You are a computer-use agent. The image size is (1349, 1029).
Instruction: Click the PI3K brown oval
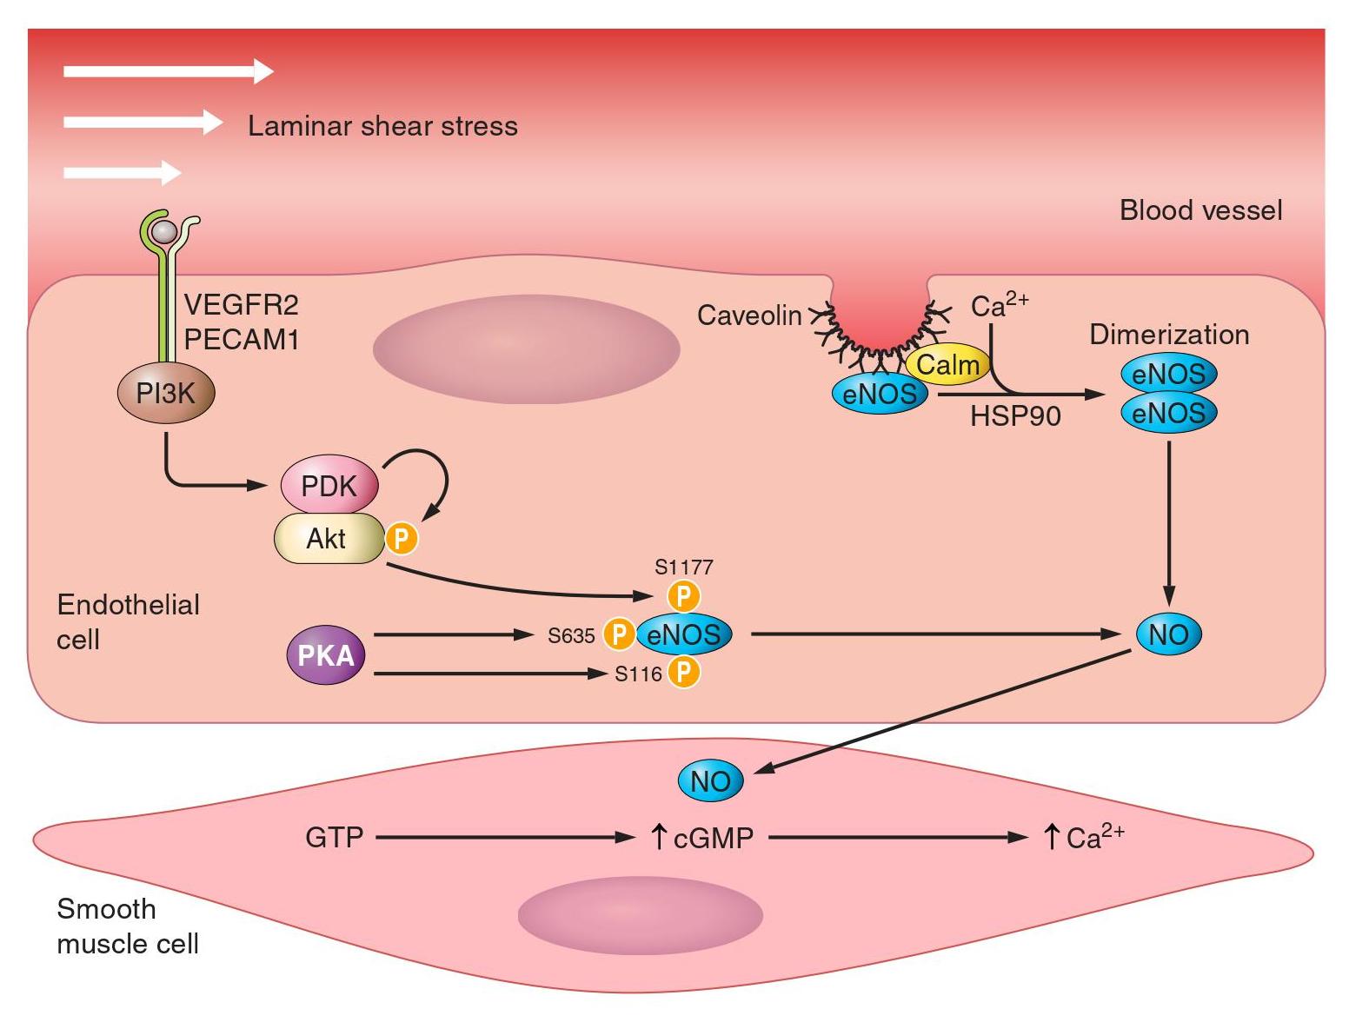[x=166, y=394]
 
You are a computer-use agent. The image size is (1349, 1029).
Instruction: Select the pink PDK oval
[x=329, y=485]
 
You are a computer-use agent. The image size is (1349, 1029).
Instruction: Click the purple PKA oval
[x=326, y=654]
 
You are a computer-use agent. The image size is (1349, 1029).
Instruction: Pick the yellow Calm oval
[x=947, y=365]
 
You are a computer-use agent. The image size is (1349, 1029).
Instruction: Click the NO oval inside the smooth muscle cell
[x=710, y=781]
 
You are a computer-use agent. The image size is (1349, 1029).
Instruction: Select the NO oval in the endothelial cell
[x=1168, y=634]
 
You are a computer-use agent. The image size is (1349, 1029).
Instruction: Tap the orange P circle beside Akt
[x=401, y=539]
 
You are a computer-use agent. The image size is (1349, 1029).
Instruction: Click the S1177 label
[x=684, y=568]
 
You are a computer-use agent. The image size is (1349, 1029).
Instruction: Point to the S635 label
[x=571, y=636]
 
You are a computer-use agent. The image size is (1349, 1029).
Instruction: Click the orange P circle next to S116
[x=684, y=673]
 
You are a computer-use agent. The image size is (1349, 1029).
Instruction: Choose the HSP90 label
[x=1015, y=416]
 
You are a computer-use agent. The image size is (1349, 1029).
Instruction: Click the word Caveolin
[x=749, y=315]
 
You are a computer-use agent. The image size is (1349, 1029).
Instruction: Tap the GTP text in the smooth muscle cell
[x=335, y=838]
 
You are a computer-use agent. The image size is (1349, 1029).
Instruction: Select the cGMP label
[x=713, y=838]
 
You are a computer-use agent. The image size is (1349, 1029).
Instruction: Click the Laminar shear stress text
[x=382, y=126]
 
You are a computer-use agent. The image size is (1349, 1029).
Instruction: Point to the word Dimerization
[x=1169, y=335]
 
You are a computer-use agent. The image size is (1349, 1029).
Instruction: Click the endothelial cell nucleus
[x=526, y=349]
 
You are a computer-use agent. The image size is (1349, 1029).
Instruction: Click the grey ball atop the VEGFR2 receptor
[x=163, y=231]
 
